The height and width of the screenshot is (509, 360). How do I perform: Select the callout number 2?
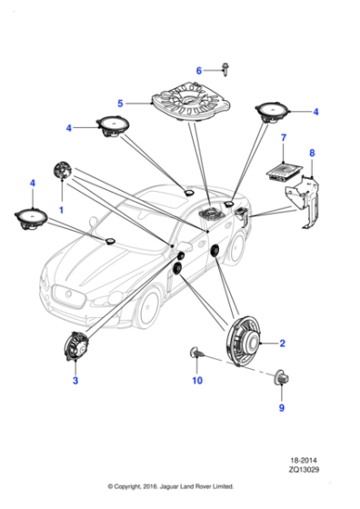(282, 344)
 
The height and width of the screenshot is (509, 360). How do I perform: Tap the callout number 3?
(75, 382)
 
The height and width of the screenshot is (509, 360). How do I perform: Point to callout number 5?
(119, 103)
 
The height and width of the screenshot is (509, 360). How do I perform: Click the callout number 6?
(199, 70)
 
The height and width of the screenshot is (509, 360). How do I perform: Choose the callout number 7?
(284, 139)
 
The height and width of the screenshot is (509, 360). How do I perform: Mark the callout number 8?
(312, 153)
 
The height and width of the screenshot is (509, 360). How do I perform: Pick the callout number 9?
(281, 407)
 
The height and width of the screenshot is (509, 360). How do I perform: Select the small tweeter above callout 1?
(63, 171)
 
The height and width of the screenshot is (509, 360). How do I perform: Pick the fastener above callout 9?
(281, 376)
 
